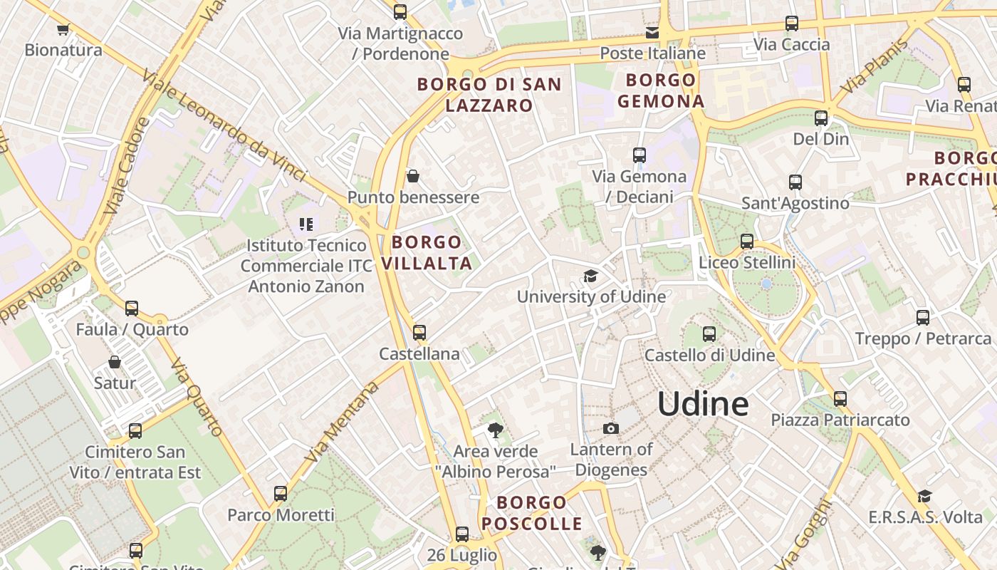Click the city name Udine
coord(703,404)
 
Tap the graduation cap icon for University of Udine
coord(590,276)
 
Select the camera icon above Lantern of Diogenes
coord(610,428)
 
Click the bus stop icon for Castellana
coord(419,332)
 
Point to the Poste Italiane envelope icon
coord(652,33)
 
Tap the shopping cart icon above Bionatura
coord(63,29)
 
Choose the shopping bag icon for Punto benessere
coord(412,176)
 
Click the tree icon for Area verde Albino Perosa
coord(495,430)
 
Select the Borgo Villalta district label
coord(427,252)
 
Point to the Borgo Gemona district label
coord(661,90)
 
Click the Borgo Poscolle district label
coord(532,513)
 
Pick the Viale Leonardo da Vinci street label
coord(224,125)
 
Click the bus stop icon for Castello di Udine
coord(709,333)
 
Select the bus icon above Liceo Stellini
coord(746,242)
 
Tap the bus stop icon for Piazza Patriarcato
coord(840,399)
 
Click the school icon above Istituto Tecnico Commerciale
coord(306,224)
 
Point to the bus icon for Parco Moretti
coord(281,493)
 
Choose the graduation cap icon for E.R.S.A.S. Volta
coord(924,496)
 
